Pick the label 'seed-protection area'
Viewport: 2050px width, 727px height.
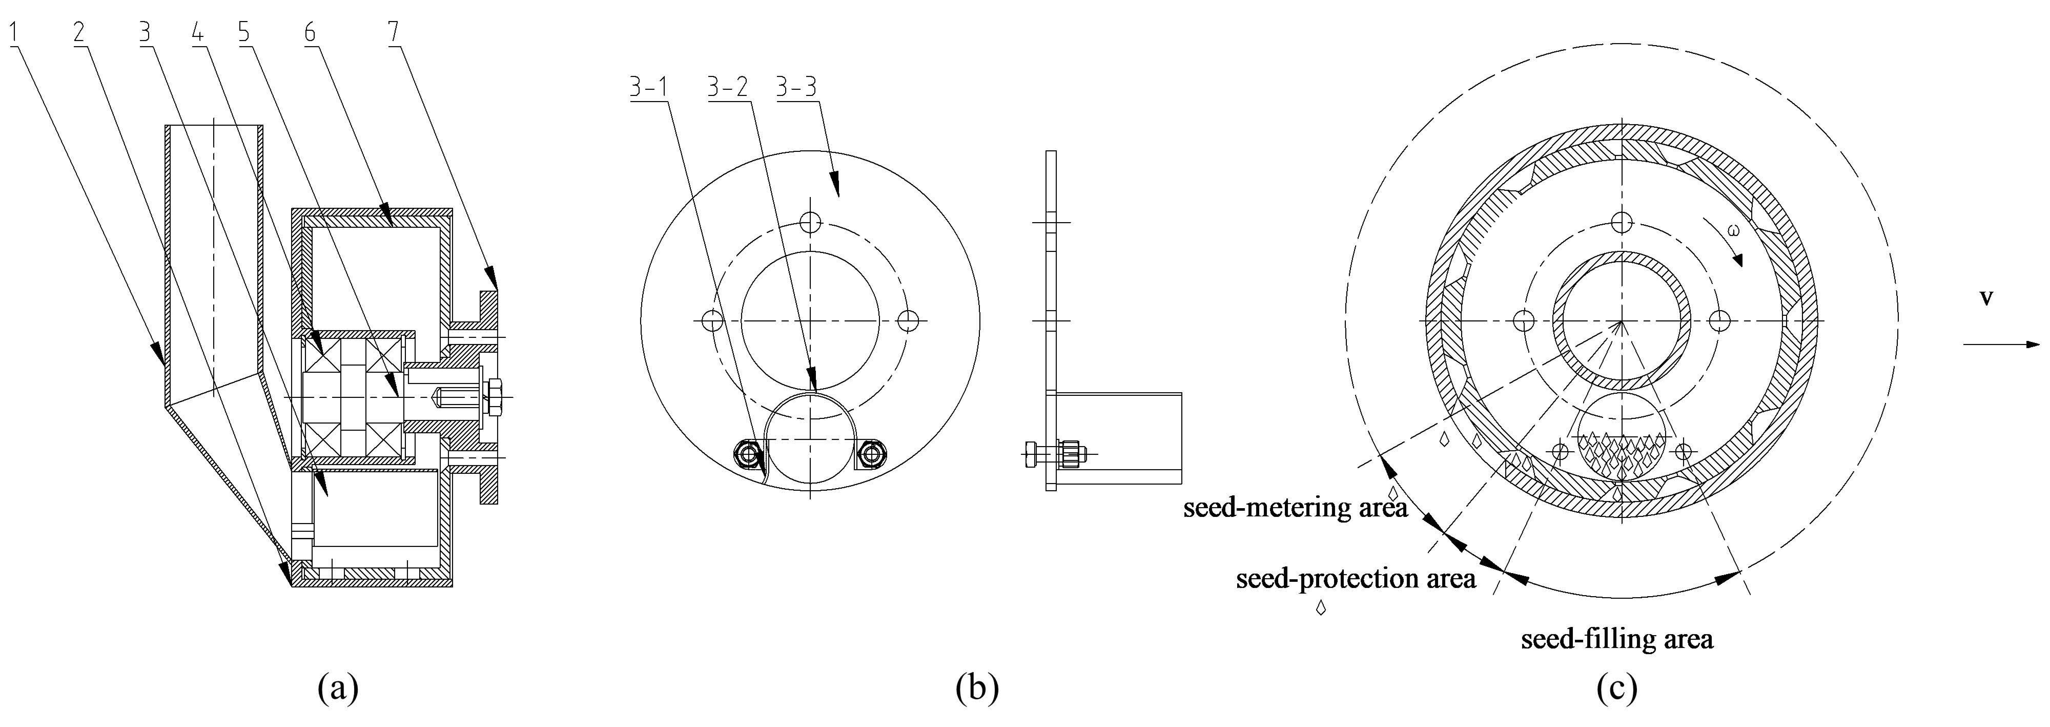pos(1355,578)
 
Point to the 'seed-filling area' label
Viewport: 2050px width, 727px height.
pos(1616,638)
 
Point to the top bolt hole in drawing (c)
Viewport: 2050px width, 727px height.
pos(1620,221)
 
